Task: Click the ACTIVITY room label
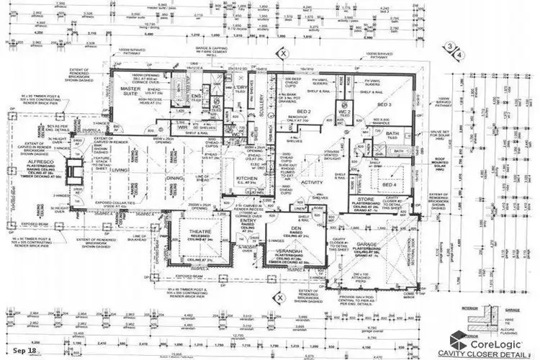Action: (x=312, y=184)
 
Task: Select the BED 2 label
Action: (x=303, y=111)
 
